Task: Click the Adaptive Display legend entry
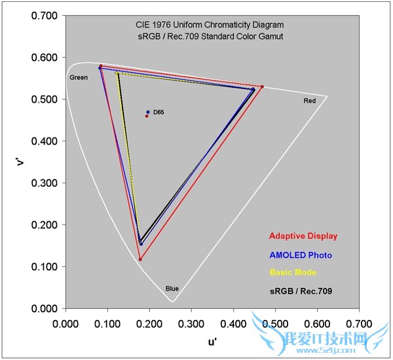coord(304,236)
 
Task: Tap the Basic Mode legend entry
coord(293,272)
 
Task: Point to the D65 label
coord(159,113)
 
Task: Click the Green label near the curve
coord(79,78)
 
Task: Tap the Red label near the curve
coord(309,101)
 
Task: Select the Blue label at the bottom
coord(172,288)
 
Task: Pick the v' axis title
coord(21,161)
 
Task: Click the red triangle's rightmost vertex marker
coord(262,86)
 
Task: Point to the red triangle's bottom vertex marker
coord(140,260)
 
